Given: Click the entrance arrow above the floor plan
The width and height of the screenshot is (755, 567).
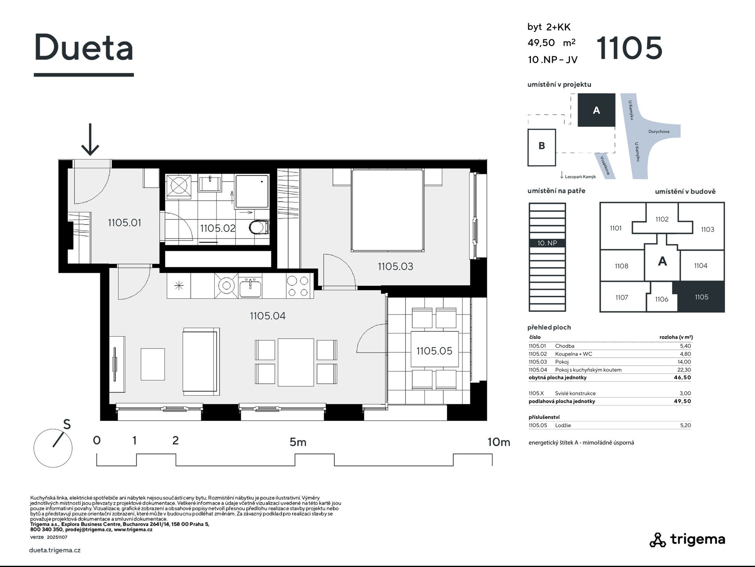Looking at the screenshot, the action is [x=90, y=139].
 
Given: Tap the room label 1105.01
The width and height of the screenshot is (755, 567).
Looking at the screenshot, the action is [x=124, y=222].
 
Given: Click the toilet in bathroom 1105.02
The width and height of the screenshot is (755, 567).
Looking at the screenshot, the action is [x=259, y=227].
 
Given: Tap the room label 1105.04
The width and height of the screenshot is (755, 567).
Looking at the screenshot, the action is [x=267, y=316].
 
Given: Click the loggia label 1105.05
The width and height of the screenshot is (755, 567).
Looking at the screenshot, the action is [x=434, y=351].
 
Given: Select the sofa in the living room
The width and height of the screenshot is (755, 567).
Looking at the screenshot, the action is [x=201, y=361].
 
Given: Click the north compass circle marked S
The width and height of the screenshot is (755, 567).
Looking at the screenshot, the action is [x=53, y=448].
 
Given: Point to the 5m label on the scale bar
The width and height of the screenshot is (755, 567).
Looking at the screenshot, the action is [x=298, y=442].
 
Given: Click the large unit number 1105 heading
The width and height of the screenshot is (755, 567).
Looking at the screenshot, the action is [x=630, y=48].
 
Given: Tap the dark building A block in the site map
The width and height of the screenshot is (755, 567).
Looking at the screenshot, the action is [x=596, y=110].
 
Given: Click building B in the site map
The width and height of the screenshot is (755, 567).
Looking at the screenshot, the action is [x=541, y=147].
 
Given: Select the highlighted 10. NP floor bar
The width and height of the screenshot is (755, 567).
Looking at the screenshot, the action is [x=547, y=243].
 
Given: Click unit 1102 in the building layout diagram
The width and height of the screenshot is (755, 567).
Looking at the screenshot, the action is [x=662, y=219].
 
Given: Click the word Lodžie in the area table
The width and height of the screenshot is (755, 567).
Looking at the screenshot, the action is [x=563, y=425].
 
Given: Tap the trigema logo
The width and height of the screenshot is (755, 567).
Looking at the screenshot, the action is [x=687, y=539].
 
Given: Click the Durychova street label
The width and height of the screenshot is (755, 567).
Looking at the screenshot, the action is [x=659, y=132].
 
